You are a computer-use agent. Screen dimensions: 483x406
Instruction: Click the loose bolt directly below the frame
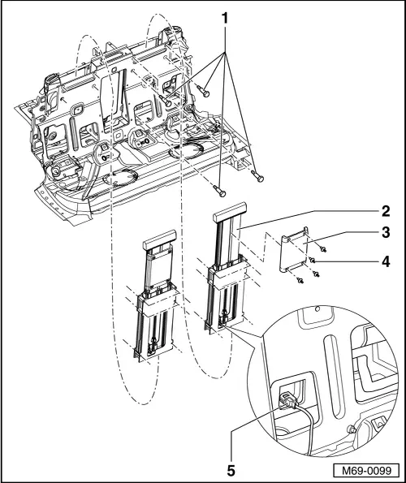pos(219,191)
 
